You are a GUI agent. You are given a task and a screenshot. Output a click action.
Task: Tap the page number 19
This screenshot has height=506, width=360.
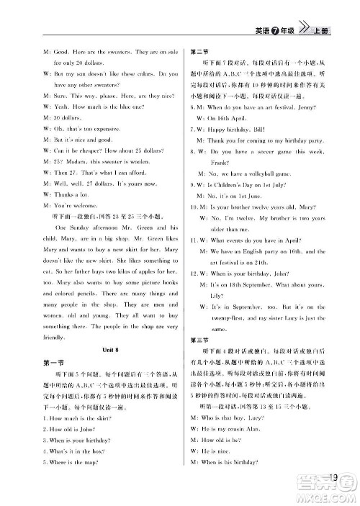pyautogui.click(x=332, y=475)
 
